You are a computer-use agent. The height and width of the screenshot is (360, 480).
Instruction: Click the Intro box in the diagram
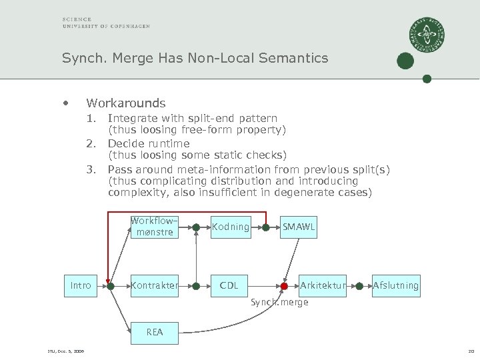tap(81, 286)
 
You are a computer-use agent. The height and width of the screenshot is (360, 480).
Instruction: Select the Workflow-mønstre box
tap(154, 227)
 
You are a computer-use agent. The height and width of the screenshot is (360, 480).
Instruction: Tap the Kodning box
tap(230, 227)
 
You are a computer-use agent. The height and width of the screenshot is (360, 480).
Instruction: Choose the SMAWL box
tap(299, 227)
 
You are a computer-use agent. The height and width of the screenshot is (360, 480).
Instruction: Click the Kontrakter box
tap(154, 286)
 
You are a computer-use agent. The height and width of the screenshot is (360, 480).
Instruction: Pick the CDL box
tap(230, 286)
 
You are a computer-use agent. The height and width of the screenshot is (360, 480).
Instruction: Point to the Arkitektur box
tap(323, 286)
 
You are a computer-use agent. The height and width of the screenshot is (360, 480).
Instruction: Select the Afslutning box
tap(396, 286)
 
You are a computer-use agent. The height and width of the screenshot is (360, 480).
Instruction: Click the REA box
tap(154, 331)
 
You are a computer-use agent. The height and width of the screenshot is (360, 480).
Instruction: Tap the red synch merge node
tap(284, 286)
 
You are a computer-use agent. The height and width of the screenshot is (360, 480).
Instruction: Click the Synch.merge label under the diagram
tap(279, 303)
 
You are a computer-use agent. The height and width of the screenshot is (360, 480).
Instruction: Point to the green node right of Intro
tap(111, 286)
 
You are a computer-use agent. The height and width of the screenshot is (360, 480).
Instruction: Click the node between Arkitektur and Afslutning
tap(359, 286)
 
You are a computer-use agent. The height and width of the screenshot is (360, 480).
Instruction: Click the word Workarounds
tap(126, 103)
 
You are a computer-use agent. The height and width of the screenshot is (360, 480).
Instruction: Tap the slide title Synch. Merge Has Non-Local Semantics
tap(195, 58)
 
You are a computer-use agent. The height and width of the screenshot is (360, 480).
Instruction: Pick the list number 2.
tap(91, 143)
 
